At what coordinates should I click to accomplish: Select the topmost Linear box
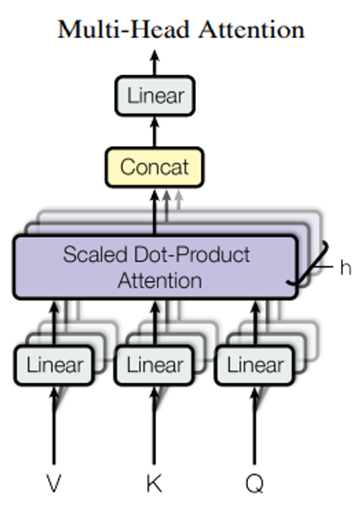click(x=156, y=96)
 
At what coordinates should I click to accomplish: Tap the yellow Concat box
click(x=155, y=166)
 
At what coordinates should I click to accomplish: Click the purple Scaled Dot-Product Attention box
click(x=155, y=267)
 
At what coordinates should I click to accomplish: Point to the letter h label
click(x=344, y=269)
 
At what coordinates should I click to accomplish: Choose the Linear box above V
click(x=55, y=365)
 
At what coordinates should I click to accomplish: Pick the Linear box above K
click(x=155, y=365)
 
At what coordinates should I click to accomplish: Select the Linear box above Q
click(x=255, y=365)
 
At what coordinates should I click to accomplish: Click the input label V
click(x=55, y=484)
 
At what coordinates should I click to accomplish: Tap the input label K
click(x=155, y=484)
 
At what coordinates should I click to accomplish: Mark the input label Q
click(x=255, y=484)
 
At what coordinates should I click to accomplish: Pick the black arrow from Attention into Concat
click(x=155, y=211)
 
